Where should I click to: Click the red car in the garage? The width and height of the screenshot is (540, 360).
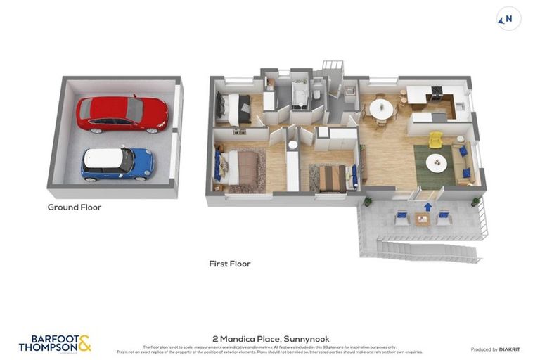point(122,114)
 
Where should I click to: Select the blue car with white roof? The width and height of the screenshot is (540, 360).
point(117,162)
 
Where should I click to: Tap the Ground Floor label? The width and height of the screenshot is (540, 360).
point(75,207)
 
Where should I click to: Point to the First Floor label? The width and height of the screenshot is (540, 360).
point(230,264)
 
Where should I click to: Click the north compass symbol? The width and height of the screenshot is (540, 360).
point(508,19)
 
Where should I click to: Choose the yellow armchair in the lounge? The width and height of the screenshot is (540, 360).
point(436,139)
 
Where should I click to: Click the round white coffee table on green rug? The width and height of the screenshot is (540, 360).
point(436,163)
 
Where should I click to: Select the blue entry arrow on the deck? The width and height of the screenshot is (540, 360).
point(427,206)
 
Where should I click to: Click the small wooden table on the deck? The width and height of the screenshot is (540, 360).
point(422,219)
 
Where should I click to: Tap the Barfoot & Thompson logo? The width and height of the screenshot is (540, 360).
point(55,343)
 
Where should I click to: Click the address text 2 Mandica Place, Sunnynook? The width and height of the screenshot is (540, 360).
point(271,338)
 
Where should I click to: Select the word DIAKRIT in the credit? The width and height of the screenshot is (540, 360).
point(509,349)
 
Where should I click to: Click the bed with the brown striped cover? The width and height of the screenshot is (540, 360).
point(332,177)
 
